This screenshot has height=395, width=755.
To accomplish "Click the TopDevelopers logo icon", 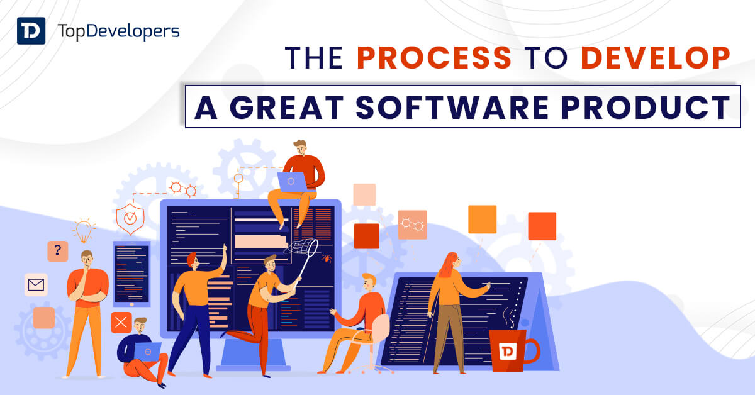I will click(x=31, y=30).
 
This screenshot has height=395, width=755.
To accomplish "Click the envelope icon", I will click(x=36, y=285).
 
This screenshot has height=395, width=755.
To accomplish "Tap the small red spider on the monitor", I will click(x=327, y=258).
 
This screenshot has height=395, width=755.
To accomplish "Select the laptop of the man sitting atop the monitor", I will click(x=291, y=182).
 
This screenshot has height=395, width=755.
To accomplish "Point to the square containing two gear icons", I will click(x=412, y=224).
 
